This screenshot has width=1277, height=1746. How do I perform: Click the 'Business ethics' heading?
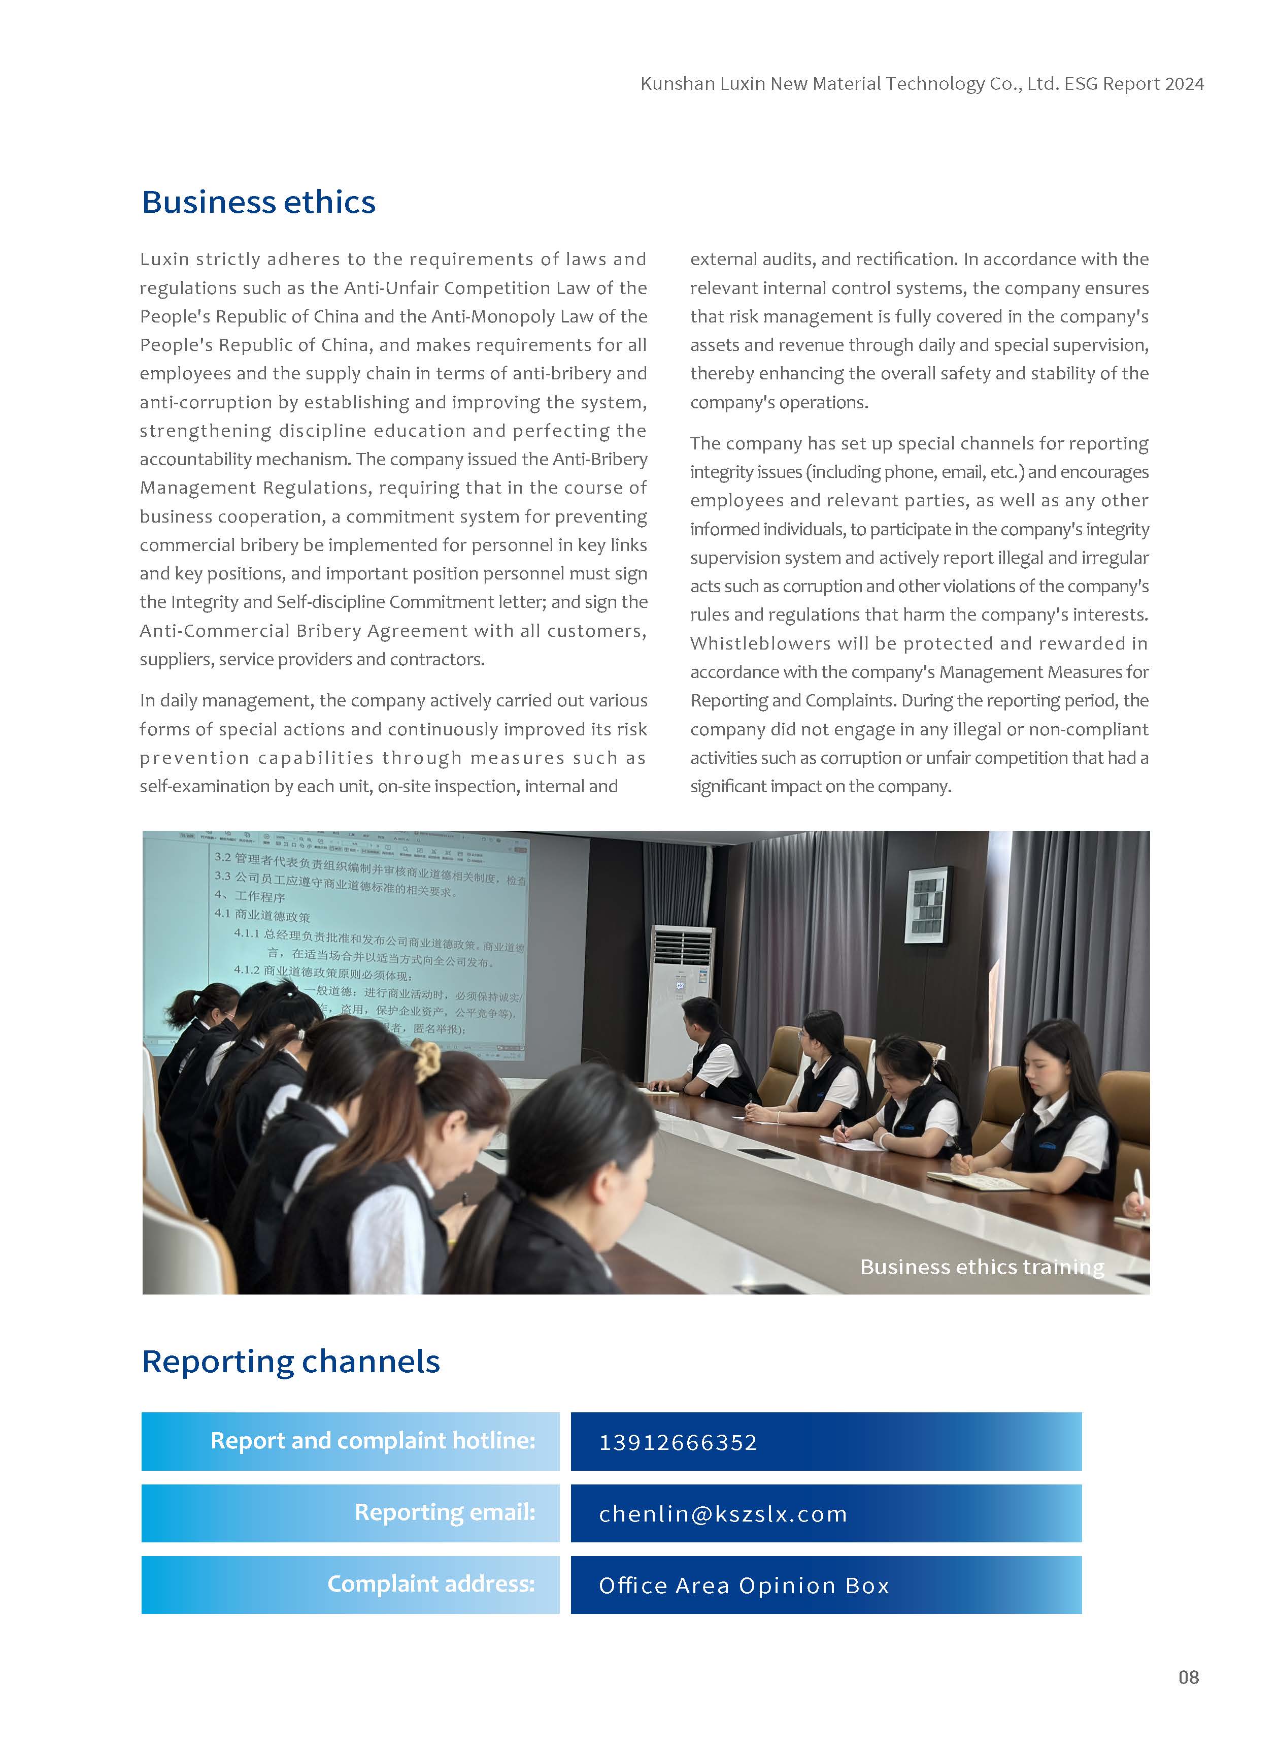258,203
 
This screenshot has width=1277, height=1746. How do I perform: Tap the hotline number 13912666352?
678,1442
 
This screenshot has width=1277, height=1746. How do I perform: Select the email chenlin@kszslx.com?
723,1513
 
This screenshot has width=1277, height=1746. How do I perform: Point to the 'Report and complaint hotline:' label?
373,1441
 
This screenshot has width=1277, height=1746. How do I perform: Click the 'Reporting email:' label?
445,1512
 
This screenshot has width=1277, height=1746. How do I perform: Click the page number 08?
1188,1677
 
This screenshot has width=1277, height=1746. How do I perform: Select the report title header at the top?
921,83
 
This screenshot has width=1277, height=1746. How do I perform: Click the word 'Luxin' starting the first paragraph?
164,259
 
